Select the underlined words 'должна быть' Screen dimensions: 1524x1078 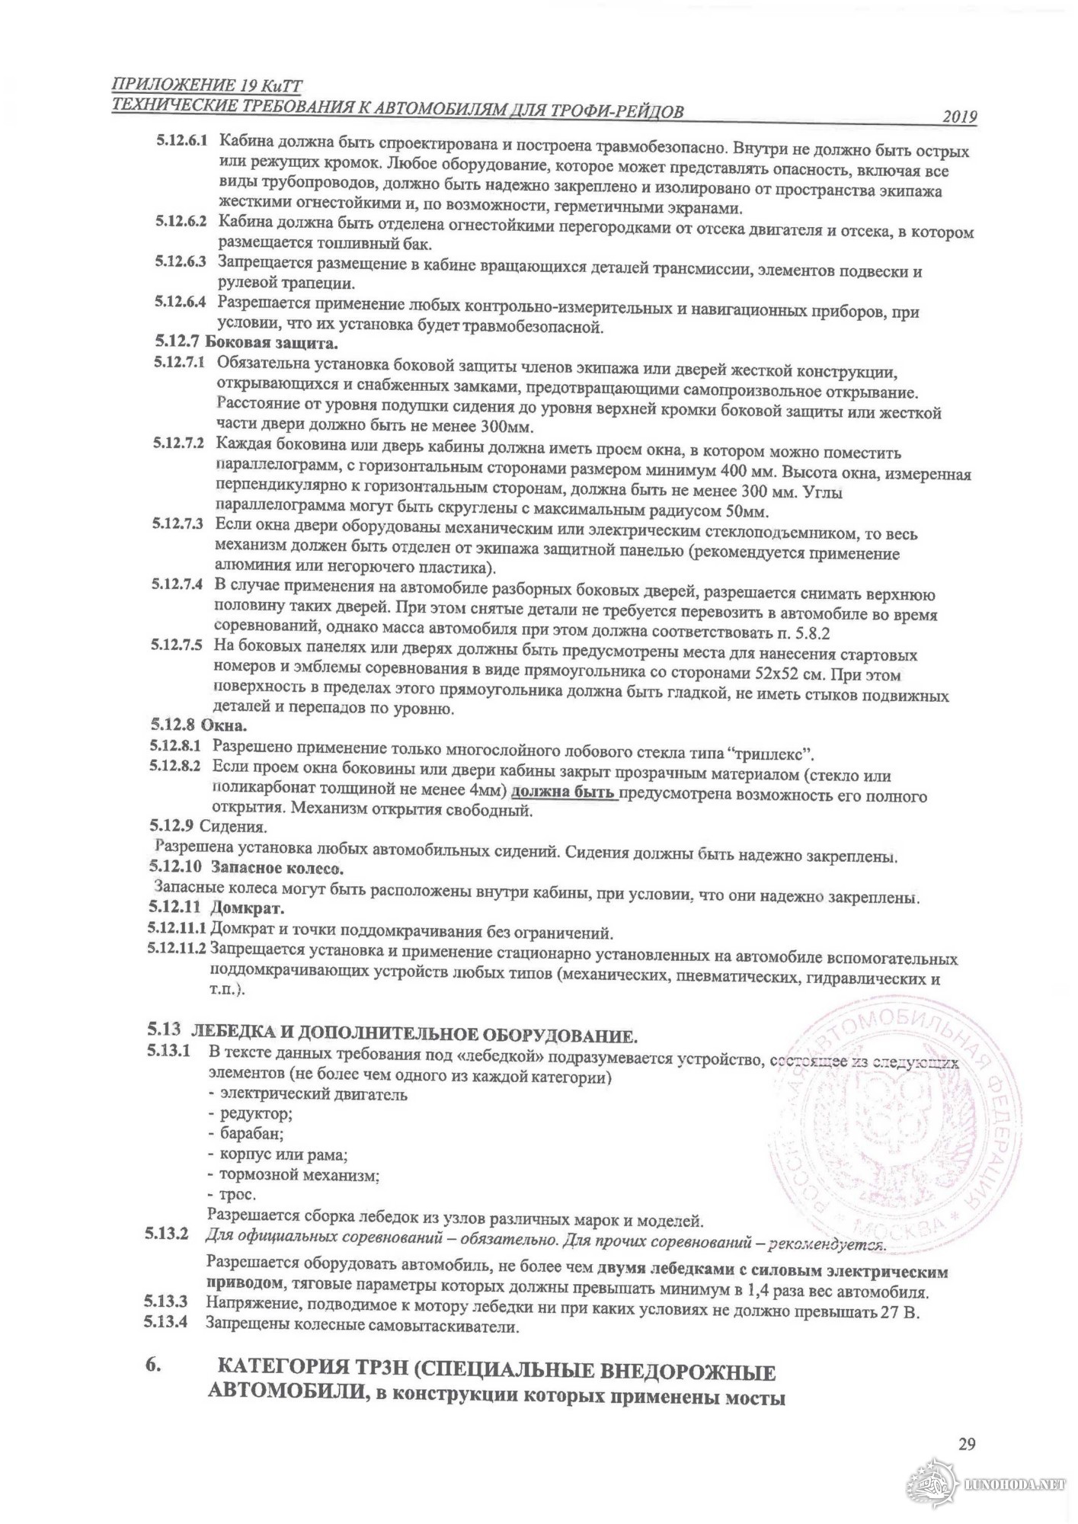(x=564, y=793)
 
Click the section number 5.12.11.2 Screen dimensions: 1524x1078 (x=177, y=949)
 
